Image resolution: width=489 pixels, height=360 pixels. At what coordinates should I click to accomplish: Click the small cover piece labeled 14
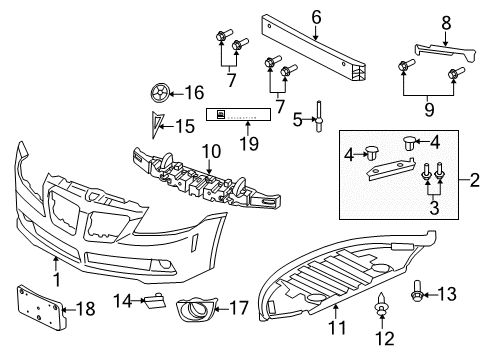[157, 298]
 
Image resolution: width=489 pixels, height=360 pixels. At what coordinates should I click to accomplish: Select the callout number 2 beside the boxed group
[476, 182]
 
